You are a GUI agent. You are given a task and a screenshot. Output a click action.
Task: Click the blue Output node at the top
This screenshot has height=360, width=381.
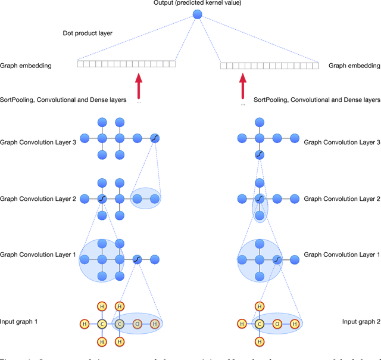coord(198,14)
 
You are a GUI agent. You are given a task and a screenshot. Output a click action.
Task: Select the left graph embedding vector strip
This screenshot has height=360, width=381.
coord(127,64)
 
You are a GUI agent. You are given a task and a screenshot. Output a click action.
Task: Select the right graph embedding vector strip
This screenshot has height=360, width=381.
coord(270,66)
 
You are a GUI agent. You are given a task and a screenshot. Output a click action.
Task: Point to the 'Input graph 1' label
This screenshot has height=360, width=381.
coord(19,322)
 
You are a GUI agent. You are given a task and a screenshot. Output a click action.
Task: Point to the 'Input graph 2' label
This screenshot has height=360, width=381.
coord(361,322)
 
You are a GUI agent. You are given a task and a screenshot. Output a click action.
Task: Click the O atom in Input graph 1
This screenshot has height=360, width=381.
coord(137,324)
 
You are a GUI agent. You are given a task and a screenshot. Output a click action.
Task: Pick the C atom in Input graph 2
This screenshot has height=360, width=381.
coord(259,324)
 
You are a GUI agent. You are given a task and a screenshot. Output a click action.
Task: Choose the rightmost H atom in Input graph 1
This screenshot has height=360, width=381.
coord(155,324)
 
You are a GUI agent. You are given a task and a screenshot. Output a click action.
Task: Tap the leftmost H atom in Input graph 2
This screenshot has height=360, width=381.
coord(241,324)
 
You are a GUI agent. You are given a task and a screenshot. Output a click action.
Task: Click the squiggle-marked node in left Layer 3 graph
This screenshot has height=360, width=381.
coord(155,138)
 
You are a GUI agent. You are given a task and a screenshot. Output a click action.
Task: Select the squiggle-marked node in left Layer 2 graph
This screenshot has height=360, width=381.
coord(102,198)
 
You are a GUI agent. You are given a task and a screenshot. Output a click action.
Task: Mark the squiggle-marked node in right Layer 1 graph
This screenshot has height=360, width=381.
coord(277,259)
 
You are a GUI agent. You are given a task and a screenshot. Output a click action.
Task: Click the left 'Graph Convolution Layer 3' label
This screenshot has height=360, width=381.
coord(38,142)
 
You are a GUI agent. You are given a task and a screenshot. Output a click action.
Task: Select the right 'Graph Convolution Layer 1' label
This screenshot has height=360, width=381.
coord(342,255)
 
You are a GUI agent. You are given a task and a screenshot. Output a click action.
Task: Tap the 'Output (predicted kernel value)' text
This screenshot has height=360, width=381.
coord(198,3)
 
